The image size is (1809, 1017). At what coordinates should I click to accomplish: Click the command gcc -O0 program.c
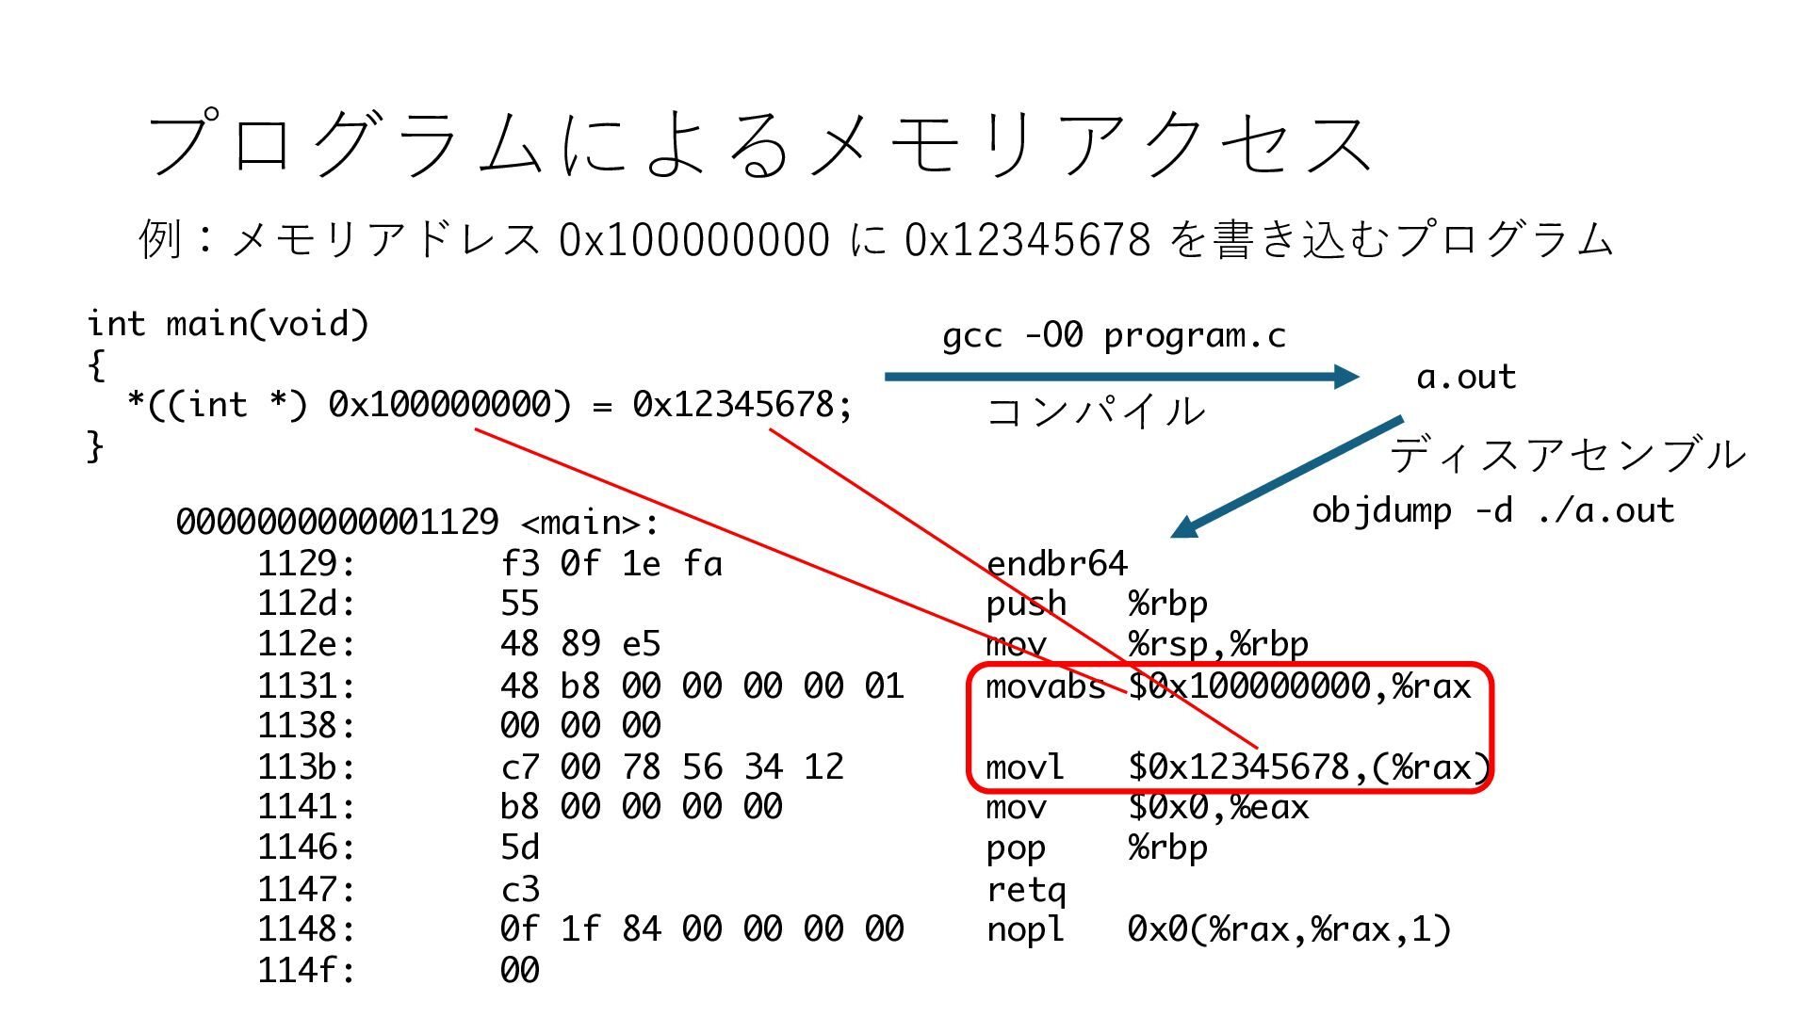1114,336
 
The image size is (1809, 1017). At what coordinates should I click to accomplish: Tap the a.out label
1466,377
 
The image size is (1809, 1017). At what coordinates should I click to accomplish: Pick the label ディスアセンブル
1568,455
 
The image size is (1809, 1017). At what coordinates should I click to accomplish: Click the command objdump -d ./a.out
1492,510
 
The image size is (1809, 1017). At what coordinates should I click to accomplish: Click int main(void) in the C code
227,324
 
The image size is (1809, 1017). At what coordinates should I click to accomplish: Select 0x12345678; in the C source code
742,405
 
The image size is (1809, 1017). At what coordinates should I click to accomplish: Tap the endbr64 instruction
1056,563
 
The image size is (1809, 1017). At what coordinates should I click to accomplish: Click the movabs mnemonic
1045,686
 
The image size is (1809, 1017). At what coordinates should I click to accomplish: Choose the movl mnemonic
1024,767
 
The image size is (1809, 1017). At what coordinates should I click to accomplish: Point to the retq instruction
1026,889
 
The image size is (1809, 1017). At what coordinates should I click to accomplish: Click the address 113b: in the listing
306,767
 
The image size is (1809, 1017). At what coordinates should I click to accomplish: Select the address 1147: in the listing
306,889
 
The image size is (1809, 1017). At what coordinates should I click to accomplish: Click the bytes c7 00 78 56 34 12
672,767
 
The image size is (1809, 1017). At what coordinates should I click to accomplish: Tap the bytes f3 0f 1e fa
611,563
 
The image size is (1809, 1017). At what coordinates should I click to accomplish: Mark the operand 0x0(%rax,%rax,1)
1289,929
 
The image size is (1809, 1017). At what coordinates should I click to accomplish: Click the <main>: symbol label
589,523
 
